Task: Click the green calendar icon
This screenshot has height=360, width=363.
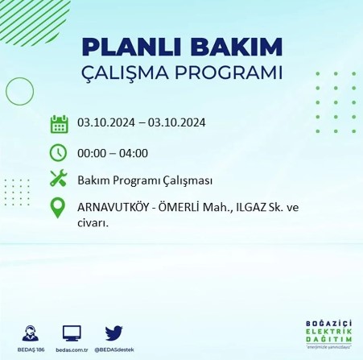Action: click(x=59, y=124)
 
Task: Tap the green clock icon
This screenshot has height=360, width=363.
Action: click(x=59, y=152)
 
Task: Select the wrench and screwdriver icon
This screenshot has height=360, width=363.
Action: click(x=59, y=180)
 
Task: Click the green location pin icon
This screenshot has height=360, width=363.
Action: click(x=59, y=209)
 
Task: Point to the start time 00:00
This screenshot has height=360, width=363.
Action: click(x=92, y=153)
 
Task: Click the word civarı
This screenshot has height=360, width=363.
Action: click(x=93, y=223)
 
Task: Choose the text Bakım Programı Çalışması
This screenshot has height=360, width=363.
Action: click(x=145, y=180)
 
